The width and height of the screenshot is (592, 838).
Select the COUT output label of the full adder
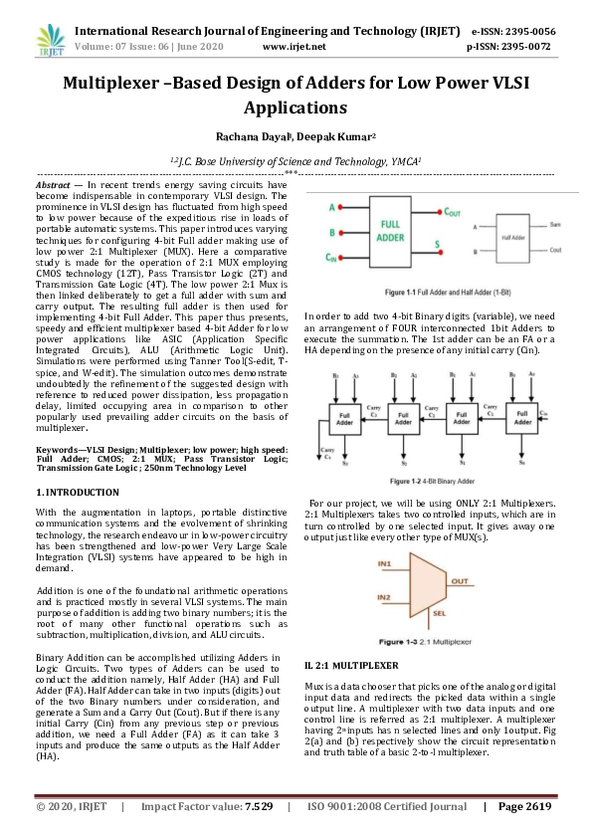[452, 213]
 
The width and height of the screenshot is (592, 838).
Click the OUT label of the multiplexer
[461, 580]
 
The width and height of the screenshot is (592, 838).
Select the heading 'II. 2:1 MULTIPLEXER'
[351, 664]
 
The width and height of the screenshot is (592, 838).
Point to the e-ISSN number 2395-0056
[530, 32]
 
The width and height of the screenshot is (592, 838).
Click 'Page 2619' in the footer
[524, 805]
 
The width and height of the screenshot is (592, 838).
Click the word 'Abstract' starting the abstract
[53, 185]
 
